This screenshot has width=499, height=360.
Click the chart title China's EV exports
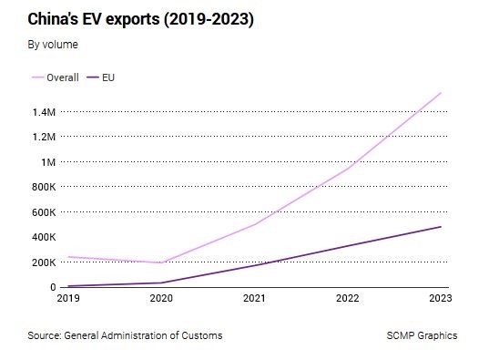[140, 19]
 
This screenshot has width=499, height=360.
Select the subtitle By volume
[53, 45]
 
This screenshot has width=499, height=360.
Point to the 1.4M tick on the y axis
[44, 112]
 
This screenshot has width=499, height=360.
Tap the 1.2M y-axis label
[44, 137]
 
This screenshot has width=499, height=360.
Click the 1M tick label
[48, 162]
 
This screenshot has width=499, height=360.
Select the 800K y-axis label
[44, 187]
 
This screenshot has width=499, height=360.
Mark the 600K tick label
[44, 212]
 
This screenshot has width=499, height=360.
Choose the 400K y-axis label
[44, 237]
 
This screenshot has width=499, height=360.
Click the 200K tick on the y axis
[44, 262]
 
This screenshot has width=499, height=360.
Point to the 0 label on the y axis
[53, 287]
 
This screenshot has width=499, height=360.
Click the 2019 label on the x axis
[68, 298]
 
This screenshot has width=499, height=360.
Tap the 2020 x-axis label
[161, 298]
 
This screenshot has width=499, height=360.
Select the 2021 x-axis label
[254, 298]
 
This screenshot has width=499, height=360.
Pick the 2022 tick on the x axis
[348, 298]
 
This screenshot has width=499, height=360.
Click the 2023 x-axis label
[441, 298]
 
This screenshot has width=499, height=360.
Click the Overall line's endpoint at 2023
[441, 93]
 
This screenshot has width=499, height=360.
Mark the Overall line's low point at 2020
[161, 262]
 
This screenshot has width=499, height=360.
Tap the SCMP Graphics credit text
[422, 335]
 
